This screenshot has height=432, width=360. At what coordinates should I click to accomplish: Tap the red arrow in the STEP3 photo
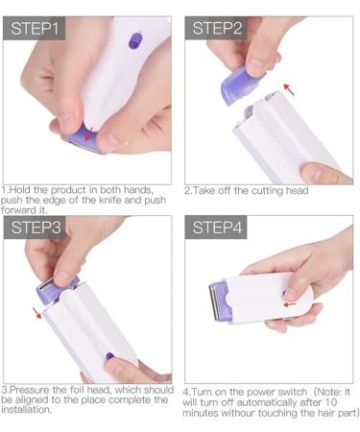(x=37, y=313)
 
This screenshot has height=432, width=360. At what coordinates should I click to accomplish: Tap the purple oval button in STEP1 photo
(x=132, y=41)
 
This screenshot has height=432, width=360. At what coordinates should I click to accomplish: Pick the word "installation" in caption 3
(x=30, y=410)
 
